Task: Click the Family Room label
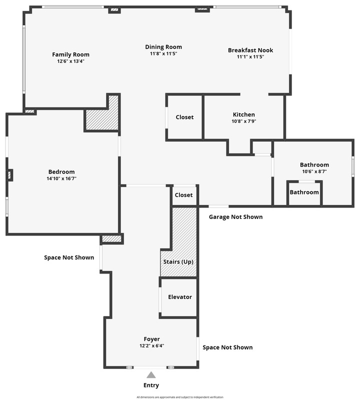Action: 70,54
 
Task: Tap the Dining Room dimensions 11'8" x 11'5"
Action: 163,53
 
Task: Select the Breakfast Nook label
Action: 250,50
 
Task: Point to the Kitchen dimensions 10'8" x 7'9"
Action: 244,121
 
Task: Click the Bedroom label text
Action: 61,172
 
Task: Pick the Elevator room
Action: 179,297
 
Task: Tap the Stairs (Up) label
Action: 178,261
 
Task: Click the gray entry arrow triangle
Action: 151,374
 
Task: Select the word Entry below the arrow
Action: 151,385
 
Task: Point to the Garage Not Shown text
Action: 235,217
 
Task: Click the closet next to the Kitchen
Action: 184,117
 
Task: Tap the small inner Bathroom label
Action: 304,192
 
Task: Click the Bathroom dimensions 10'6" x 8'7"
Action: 314,171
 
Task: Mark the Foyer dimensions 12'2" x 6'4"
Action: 152,346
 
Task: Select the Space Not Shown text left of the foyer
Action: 69,257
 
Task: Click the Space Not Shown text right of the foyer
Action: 227,347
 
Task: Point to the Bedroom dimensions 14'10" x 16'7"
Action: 61,178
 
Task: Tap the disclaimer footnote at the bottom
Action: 180,397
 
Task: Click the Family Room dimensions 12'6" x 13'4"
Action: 70,61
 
